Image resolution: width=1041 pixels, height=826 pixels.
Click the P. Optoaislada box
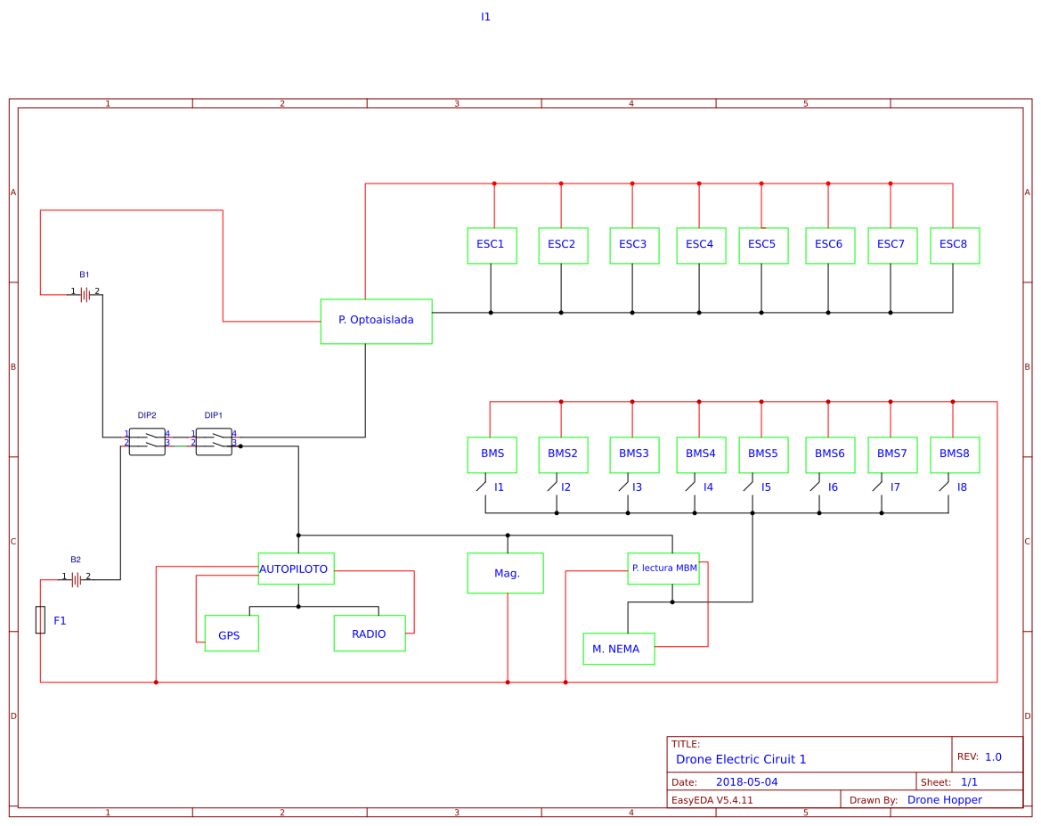click(x=376, y=321)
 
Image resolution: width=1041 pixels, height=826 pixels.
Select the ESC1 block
click(x=492, y=245)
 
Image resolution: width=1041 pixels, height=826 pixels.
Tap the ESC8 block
click(x=955, y=245)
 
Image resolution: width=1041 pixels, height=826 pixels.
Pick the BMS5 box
click(x=763, y=454)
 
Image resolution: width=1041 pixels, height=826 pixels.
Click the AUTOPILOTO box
click(x=296, y=568)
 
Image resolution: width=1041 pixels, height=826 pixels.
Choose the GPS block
click(x=232, y=634)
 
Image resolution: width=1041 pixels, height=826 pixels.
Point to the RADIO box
click(x=370, y=634)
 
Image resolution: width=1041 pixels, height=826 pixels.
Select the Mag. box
click(x=505, y=573)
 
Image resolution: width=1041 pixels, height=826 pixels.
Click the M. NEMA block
click(x=618, y=649)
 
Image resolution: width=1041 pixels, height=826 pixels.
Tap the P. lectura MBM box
click(x=663, y=568)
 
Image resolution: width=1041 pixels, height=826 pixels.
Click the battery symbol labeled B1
click(x=85, y=294)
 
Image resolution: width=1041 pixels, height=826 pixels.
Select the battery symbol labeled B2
click(x=77, y=580)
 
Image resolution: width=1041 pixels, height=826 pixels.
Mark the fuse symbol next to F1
click(x=40, y=619)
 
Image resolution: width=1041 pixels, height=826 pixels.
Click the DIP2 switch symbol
click(x=147, y=441)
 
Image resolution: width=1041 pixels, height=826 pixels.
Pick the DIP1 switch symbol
click(x=214, y=441)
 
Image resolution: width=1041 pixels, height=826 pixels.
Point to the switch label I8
click(x=962, y=487)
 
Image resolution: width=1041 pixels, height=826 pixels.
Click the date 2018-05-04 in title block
click(x=746, y=782)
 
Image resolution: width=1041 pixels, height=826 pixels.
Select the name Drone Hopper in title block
click(x=944, y=800)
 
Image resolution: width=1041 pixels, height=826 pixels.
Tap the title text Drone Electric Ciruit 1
click(x=741, y=759)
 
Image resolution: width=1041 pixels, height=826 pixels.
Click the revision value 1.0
click(x=993, y=757)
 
